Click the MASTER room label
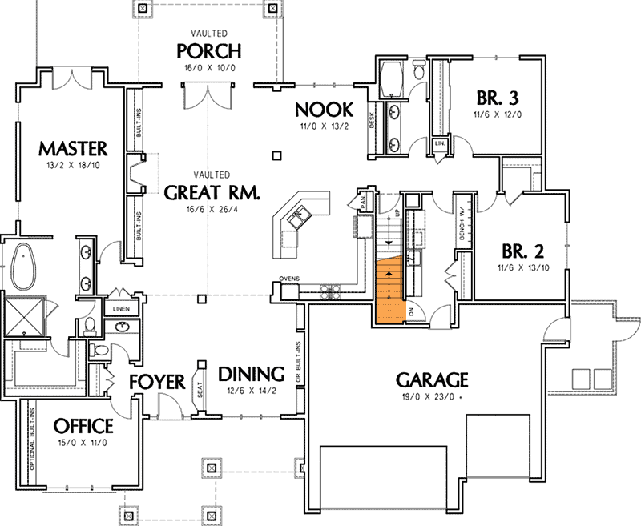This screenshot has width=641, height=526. pos(72,148)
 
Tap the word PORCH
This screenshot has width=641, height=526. pos(210,52)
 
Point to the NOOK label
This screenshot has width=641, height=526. pos(320,110)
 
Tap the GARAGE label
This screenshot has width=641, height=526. pos(430,379)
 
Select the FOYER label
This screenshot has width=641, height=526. pos(158,382)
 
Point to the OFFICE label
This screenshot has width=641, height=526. pos(83,425)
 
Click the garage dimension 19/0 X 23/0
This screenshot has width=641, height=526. pos(430,396)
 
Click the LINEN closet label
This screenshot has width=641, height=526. pos(122,308)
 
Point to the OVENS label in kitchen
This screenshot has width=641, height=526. pos(289,279)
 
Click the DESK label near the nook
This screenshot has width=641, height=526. pos(372,121)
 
